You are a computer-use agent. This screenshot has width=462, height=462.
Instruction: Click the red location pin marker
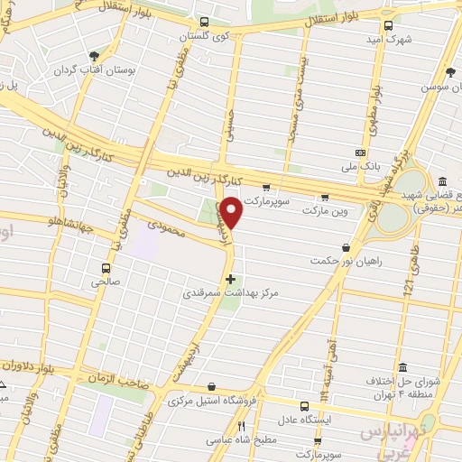[231, 213]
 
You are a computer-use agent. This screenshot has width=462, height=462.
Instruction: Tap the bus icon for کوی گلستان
[204, 22]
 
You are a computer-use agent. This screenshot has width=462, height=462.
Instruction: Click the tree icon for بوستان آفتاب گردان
[94, 56]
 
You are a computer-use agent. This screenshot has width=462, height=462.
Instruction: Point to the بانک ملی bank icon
[360, 153]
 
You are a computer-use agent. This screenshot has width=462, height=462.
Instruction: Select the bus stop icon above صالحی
[106, 267]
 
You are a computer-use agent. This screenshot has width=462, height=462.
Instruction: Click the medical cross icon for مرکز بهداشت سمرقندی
[231, 279]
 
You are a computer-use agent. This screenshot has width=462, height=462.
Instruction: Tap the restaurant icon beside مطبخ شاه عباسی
[241, 426]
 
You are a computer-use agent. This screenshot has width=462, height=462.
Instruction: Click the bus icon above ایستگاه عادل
[323, 394]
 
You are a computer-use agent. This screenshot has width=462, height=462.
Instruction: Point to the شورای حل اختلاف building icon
[402, 368]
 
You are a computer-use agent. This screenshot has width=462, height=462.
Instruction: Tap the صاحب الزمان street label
[118, 383]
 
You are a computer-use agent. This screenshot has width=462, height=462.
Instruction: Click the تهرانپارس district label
[395, 435]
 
